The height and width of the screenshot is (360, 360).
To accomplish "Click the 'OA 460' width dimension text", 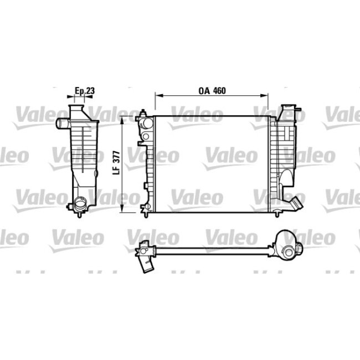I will (211, 91).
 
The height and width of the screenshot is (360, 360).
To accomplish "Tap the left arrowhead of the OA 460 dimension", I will (157, 96).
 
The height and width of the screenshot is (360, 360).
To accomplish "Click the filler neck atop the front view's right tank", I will (288, 111).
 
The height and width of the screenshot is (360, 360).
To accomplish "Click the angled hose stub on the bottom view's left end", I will (146, 264).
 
